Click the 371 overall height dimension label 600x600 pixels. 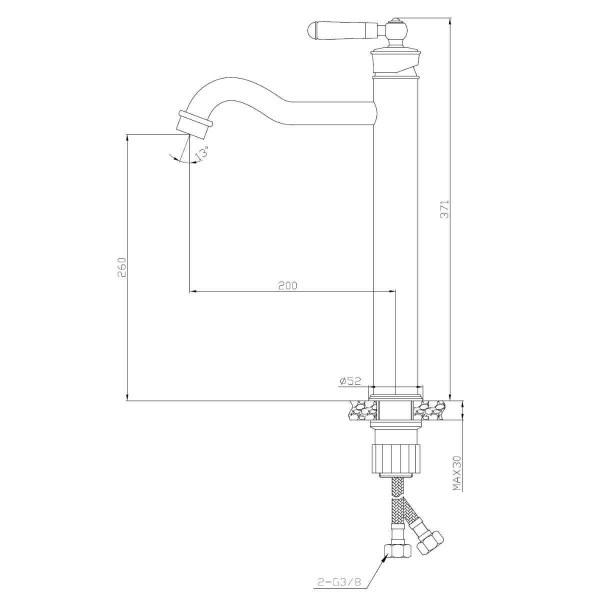[x=445, y=209]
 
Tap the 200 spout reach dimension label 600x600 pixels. [x=287, y=285]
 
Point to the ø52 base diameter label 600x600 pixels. [x=350, y=381]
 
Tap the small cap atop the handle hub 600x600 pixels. [x=395, y=20]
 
